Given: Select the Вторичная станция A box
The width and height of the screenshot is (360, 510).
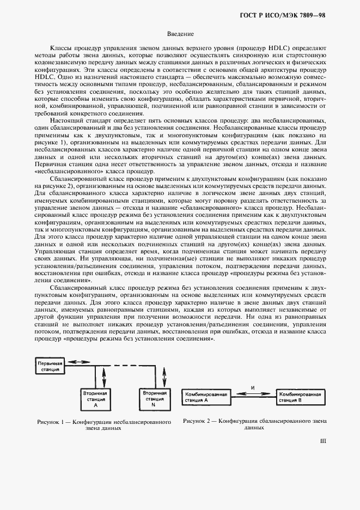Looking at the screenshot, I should click(96, 398).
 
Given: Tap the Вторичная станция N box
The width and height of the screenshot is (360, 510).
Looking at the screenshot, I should click(152, 398).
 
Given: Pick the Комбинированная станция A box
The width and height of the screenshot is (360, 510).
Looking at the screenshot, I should click(205, 397).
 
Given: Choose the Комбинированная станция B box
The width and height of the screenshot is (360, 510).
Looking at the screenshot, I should click(298, 397).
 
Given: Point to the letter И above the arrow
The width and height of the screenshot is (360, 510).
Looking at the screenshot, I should click(253, 387).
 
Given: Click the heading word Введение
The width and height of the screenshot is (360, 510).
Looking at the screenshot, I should click(180, 34).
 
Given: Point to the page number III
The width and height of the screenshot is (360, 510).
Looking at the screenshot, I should click(322, 442).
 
